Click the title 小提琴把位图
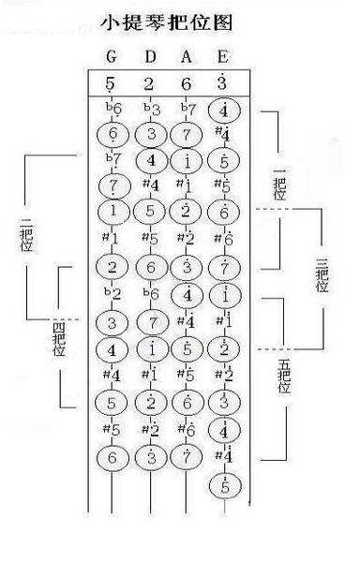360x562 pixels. [x=177, y=22]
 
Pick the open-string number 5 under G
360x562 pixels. [x=112, y=84]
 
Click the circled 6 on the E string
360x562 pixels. [x=223, y=212]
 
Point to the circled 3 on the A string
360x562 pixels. [x=187, y=267]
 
